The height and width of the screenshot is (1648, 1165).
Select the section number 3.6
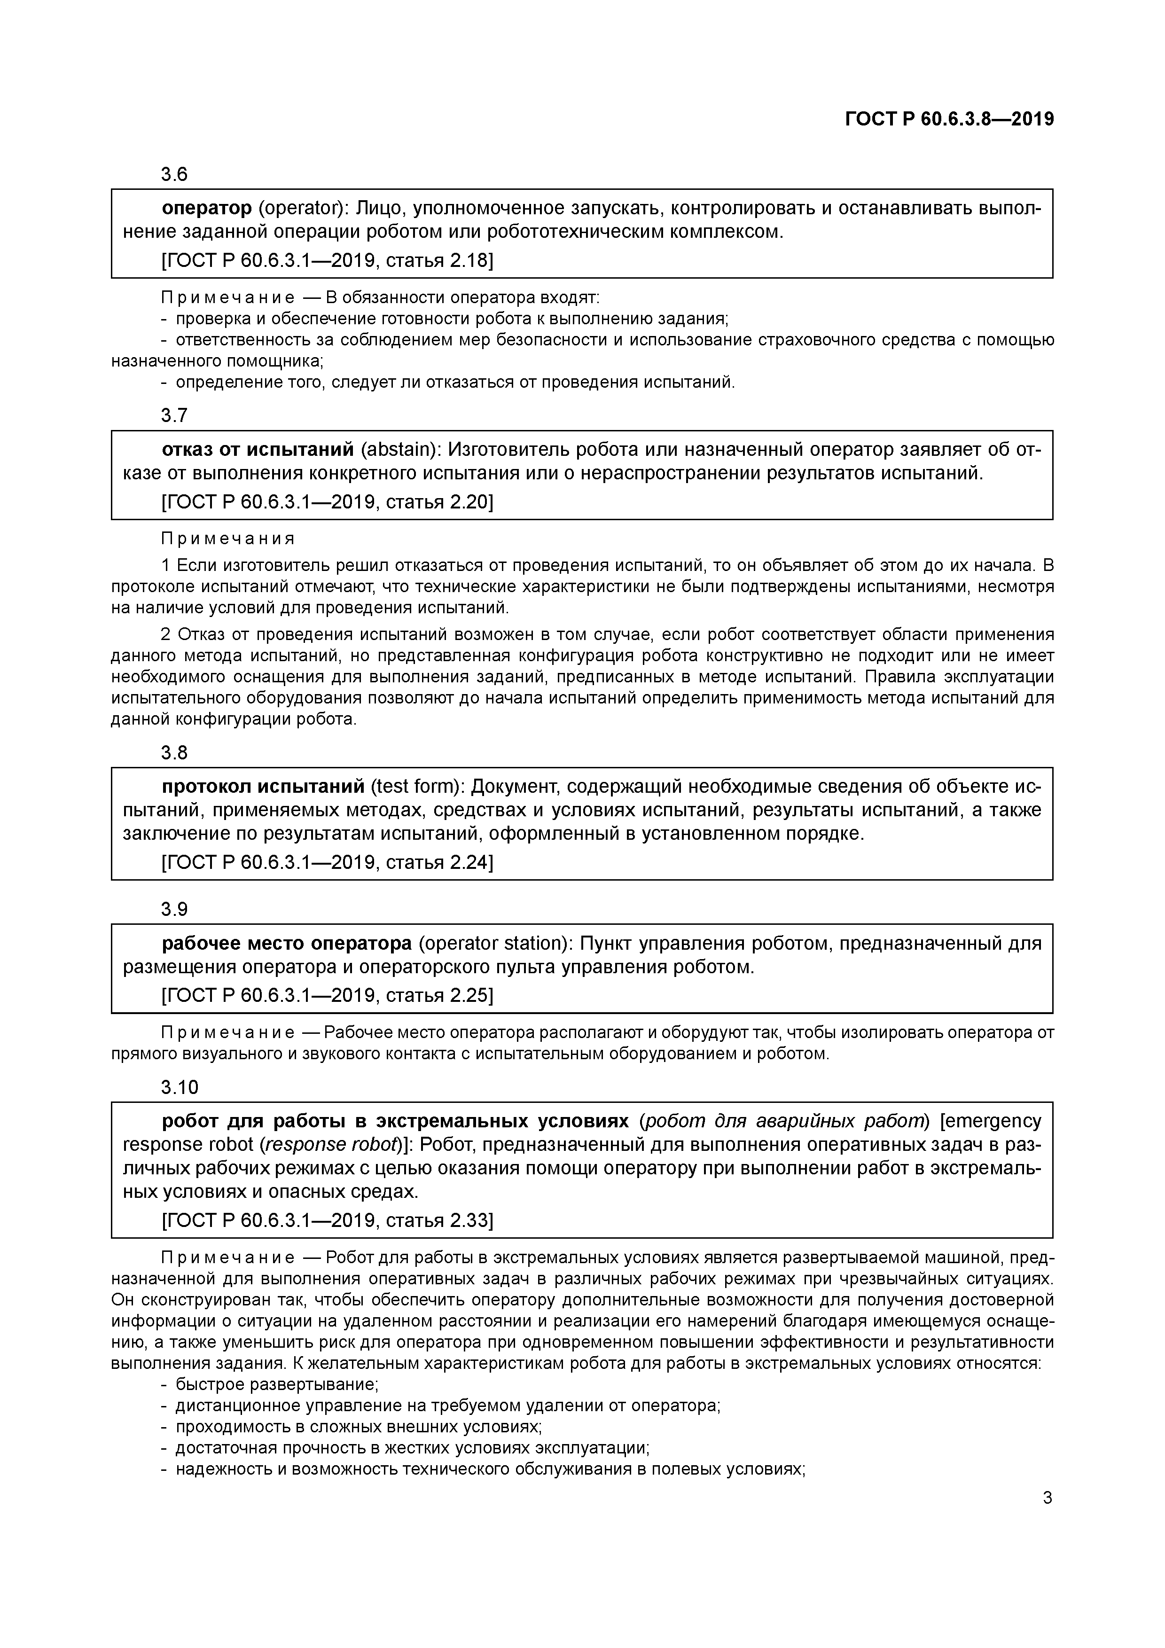coord(174,174)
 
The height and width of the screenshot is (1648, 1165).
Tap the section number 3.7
coord(174,415)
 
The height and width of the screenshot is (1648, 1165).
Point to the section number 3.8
coord(174,752)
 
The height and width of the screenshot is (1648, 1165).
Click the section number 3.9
coord(174,909)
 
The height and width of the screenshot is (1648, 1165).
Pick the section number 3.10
coord(180,1087)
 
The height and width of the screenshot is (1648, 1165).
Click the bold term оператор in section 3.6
coord(207,208)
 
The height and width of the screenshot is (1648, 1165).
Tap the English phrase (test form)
coord(416,787)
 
